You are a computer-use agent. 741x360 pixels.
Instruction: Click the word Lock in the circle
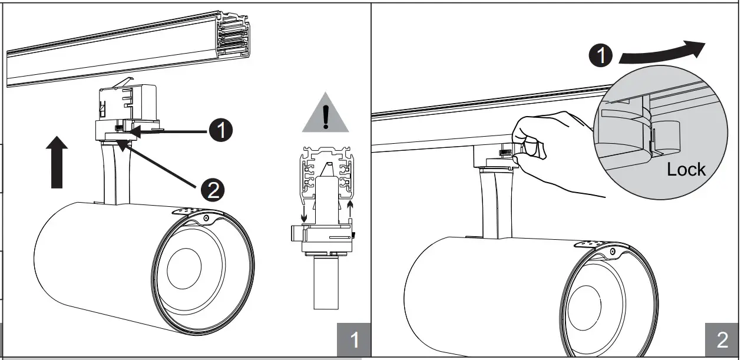[686, 170]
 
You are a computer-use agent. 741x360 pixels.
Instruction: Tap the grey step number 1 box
[354, 340]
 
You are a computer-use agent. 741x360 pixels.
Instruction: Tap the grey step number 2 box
[722, 340]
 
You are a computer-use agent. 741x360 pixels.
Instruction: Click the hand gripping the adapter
[548, 153]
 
